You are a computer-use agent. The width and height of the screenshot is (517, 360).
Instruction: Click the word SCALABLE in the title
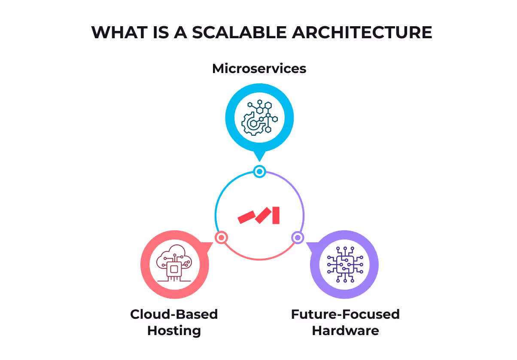pyautogui.click(x=240, y=33)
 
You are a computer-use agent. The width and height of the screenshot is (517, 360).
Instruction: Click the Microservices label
pyautogui.click(x=259, y=68)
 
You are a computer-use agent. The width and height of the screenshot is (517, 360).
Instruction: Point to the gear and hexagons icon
pyautogui.click(x=259, y=117)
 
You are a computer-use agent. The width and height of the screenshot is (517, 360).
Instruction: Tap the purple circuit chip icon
pyautogui.click(x=344, y=265)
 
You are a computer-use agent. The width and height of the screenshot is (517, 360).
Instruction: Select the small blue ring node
pyautogui.click(x=259, y=172)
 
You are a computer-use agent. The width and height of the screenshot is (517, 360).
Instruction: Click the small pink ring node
pyautogui.click(x=221, y=237)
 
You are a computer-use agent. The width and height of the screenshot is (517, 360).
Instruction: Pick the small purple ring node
pyautogui.click(x=297, y=237)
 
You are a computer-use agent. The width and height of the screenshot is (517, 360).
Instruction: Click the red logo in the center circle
pyautogui.click(x=259, y=215)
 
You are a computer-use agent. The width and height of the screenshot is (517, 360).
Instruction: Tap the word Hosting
pyautogui.click(x=174, y=331)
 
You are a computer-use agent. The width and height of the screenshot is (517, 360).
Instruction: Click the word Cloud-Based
pyautogui.click(x=174, y=314)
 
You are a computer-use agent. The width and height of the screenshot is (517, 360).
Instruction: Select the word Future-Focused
pyautogui.click(x=345, y=314)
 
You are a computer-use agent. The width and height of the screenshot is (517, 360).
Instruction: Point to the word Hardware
pyautogui.click(x=345, y=331)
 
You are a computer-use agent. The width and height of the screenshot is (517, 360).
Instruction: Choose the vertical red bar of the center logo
pyautogui.click(x=276, y=215)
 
